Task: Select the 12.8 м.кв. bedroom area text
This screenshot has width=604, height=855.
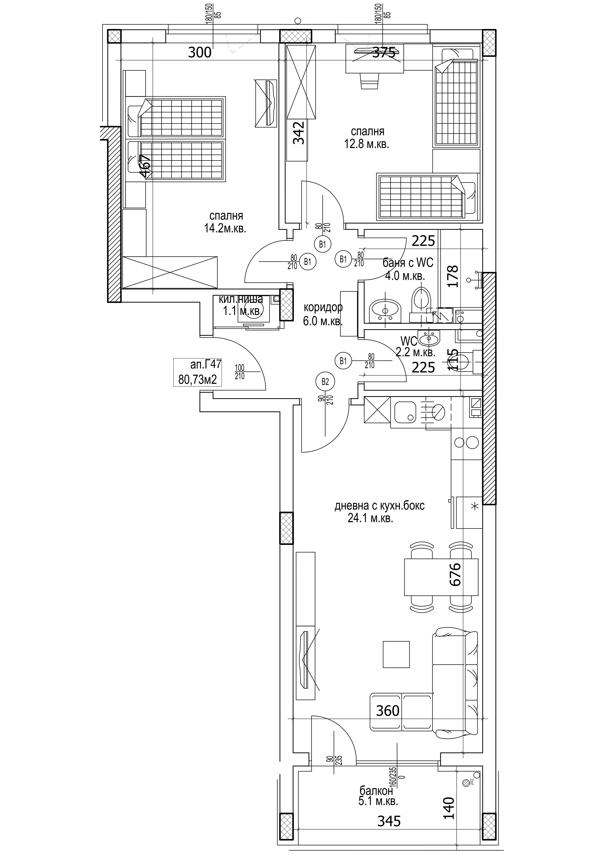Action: pos(367,144)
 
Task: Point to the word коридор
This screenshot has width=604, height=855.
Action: pos(323,308)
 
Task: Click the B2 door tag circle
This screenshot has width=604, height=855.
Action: pos(325,382)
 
